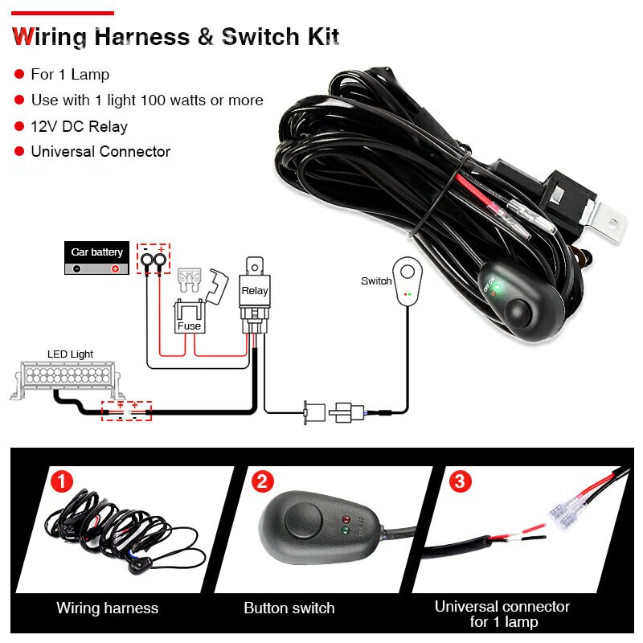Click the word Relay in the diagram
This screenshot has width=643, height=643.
(255, 292)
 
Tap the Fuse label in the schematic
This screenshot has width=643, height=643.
(189, 326)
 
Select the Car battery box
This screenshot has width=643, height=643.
(96, 259)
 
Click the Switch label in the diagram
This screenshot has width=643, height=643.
(376, 281)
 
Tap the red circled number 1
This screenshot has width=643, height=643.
(62, 482)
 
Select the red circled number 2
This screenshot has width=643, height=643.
(262, 482)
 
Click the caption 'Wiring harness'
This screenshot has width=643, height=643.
(107, 608)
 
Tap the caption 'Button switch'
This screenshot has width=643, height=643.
(289, 608)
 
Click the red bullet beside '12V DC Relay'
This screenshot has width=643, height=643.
(18, 126)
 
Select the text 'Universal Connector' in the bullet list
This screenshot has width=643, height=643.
(100, 151)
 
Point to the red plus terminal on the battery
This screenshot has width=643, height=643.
(115, 268)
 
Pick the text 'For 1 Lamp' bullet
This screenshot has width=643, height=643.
(70, 75)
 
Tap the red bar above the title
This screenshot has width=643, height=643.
(63, 13)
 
